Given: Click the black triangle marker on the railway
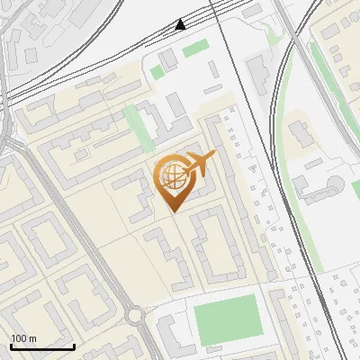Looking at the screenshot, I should pos(181,24).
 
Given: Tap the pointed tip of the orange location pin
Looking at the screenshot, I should pos(171,210).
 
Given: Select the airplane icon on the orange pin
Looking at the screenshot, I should pos(199,163).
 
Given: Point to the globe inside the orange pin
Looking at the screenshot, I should pos(171,178).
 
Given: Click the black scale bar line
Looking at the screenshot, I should pos(42,346).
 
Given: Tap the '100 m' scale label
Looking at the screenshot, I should pos(23,338).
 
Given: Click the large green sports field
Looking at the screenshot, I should pos(226,318).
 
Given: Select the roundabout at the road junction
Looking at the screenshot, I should pos(136,316).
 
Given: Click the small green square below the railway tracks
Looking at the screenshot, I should pos(157,71).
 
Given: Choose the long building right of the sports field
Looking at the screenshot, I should pos(276,324).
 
